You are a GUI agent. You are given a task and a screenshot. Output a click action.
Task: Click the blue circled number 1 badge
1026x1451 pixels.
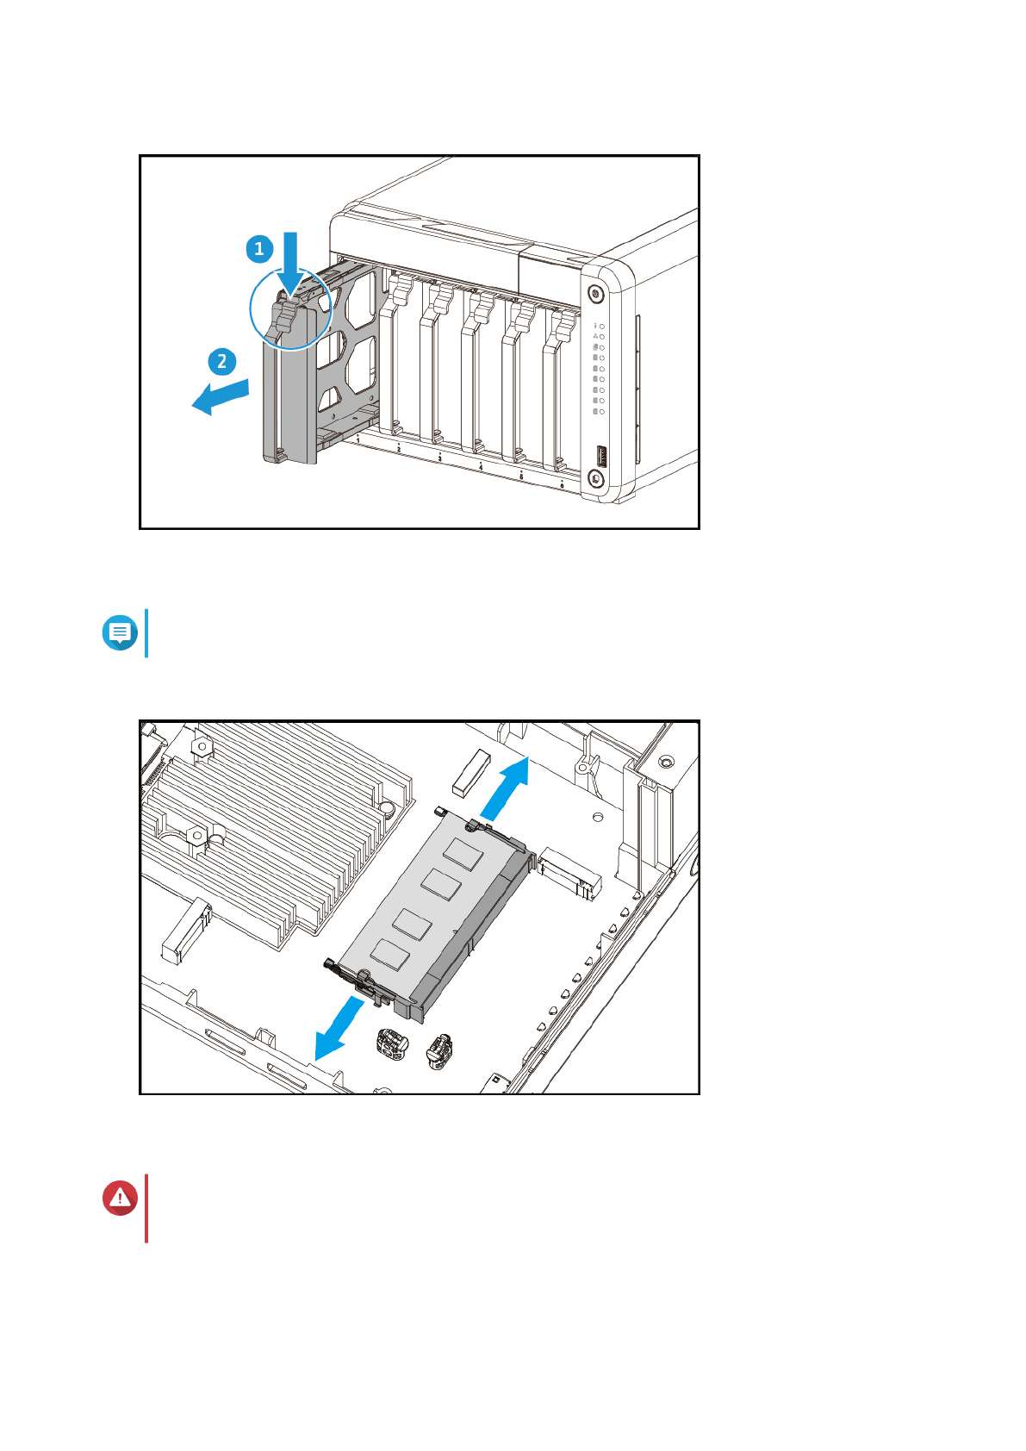(x=259, y=249)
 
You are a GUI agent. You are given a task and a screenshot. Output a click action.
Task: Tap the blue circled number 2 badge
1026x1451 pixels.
(x=222, y=361)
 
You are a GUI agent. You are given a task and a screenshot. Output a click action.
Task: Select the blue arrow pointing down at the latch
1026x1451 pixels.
(x=290, y=263)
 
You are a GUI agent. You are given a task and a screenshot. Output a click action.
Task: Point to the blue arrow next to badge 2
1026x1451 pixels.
(x=221, y=396)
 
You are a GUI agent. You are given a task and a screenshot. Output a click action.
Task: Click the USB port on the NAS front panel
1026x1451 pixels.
(x=600, y=456)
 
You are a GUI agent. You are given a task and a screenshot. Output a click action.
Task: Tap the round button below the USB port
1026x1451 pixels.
(x=595, y=478)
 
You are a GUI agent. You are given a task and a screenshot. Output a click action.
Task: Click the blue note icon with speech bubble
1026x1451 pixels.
(x=120, y=632)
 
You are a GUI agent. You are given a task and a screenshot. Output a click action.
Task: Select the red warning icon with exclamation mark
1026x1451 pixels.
(x=120, y=1198)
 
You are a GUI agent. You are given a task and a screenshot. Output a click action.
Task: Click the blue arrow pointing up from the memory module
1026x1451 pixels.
(x=506, y=789)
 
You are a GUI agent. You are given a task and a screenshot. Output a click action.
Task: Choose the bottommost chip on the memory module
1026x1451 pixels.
(x=389, y=953)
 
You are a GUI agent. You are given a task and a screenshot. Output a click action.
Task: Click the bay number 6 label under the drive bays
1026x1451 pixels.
(x=562, y=486)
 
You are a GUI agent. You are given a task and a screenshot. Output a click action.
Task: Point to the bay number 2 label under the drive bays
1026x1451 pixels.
(x=399, y=449)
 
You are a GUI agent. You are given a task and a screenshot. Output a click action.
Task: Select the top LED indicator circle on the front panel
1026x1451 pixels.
(x=602, y=326)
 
